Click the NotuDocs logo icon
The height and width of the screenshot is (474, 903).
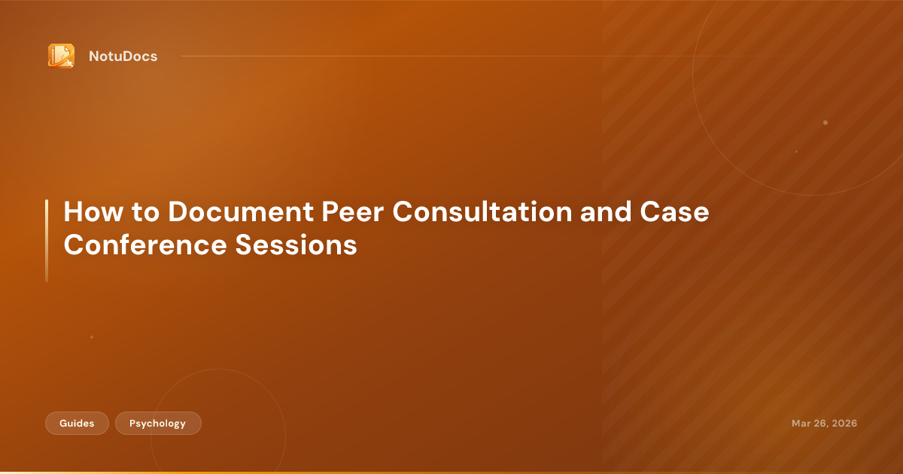tap(61, 56)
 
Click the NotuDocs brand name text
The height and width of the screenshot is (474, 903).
tap(123, 56)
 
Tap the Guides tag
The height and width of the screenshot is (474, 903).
tap(77, 424)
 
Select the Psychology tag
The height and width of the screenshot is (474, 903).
tap(158, 424)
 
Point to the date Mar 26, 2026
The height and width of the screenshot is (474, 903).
tap(824, 424)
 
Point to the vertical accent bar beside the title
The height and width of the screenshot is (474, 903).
tap(47, 240)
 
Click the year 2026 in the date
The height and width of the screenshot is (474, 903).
tap(843, 424)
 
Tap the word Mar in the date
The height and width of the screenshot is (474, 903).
tap(801, 424)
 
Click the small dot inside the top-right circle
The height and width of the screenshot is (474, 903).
tap(825, 123)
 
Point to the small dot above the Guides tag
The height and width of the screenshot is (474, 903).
tap(92, 337)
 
